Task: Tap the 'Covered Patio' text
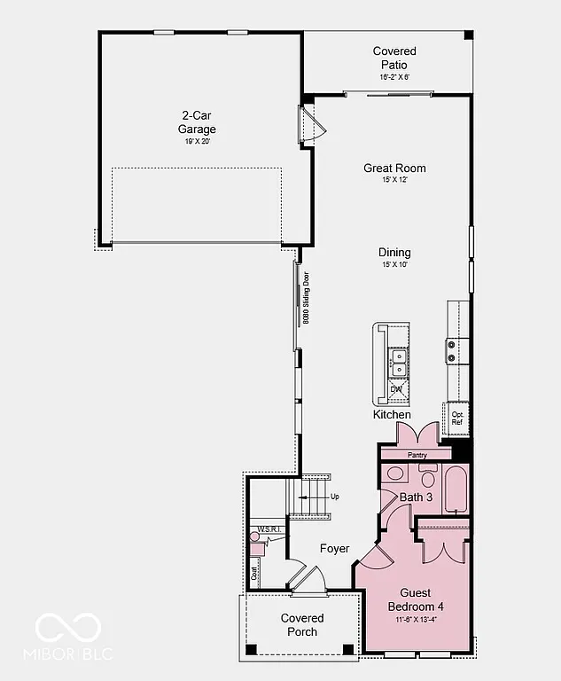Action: pyautogui.click(x=394, y=58)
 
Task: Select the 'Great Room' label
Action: pyautogui.click(x=394, y=168)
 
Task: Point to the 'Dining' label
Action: pyautogui.click(x=394, y=253)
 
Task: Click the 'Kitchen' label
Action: pyautogui.click(x=391, y=415)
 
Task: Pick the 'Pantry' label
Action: pyautogui.click(x=417, y=455)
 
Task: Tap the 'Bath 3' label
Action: pyautogui.click(x=416, y=497)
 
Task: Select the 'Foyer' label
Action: pyautogui.click(x=334, y=549)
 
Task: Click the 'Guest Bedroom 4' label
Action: pyautogui.click(x=415, y=599)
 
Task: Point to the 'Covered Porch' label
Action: pyautogui.click(x=302, y=624)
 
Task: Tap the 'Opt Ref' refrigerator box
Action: pyautogui.click(x=456, y=419)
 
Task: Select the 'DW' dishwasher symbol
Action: pyautogui.click(x=396, y=389)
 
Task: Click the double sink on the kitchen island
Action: pyautogui.click(x=399, y=362)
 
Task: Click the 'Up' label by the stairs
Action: pyautogui.click(x=334, y=497)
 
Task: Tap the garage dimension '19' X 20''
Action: pyautogui.click(x=197, y=142)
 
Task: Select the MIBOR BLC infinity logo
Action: pyautogui.click(x=67, y=629)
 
